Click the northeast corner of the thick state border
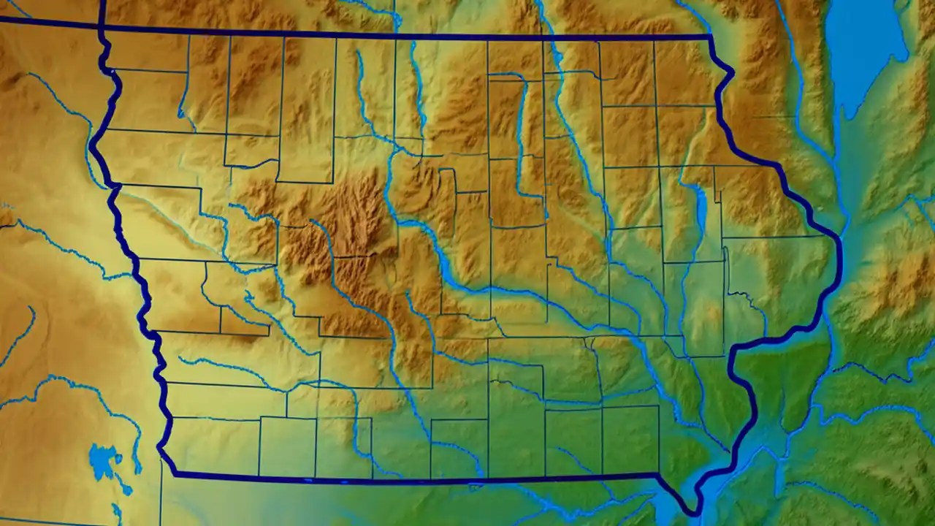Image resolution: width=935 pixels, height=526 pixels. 710,37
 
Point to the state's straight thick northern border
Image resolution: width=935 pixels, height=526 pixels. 409,35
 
